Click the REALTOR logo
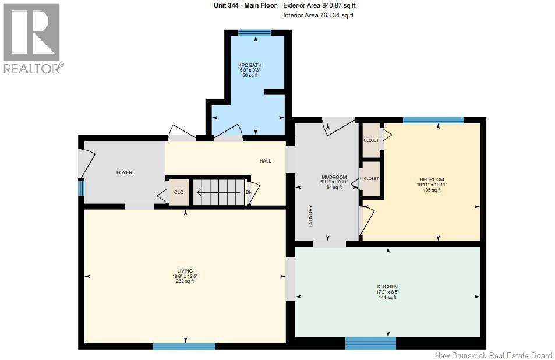[32, 38]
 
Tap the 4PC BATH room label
[250, 65]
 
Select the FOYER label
[124, 172]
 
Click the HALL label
[266, 161]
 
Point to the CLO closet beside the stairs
[179, 192]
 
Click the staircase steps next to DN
[219, 192]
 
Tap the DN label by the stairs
[249, 192]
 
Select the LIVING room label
[185, 271]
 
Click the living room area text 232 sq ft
[185, 281]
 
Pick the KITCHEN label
[387, 287]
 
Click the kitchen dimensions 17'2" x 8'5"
[387, 292]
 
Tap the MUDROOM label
[334, 177]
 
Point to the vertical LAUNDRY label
[311, 216]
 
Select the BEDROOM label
[432, 179]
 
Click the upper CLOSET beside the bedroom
[372, 140]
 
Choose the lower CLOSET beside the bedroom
[372, 179]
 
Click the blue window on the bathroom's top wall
[254, 33]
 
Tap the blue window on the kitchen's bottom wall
[370, 343]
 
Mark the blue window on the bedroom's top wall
[433, 120]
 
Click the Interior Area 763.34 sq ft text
[318, 15]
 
